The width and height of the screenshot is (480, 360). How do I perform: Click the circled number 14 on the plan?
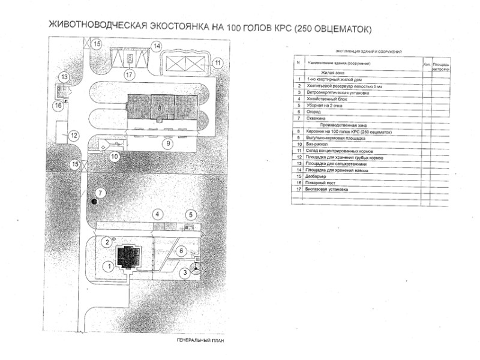tap(157, 46)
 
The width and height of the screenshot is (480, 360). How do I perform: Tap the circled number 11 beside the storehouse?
tap(218, 62)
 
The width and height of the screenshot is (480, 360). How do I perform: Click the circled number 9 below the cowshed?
tap(169, 143)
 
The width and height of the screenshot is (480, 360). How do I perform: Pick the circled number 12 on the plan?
tap(73, 136)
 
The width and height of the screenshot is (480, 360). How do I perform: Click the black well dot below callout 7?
tap(94, 202)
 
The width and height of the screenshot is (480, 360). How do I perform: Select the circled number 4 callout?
tap(157, 214)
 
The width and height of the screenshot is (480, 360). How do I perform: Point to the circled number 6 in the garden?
tap(182, 251)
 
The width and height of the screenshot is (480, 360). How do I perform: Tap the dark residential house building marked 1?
tap(128, 258)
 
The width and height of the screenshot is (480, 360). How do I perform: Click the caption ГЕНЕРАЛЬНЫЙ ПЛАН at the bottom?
tap(196, 341)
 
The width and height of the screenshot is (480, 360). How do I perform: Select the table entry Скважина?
tap(317, 118)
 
